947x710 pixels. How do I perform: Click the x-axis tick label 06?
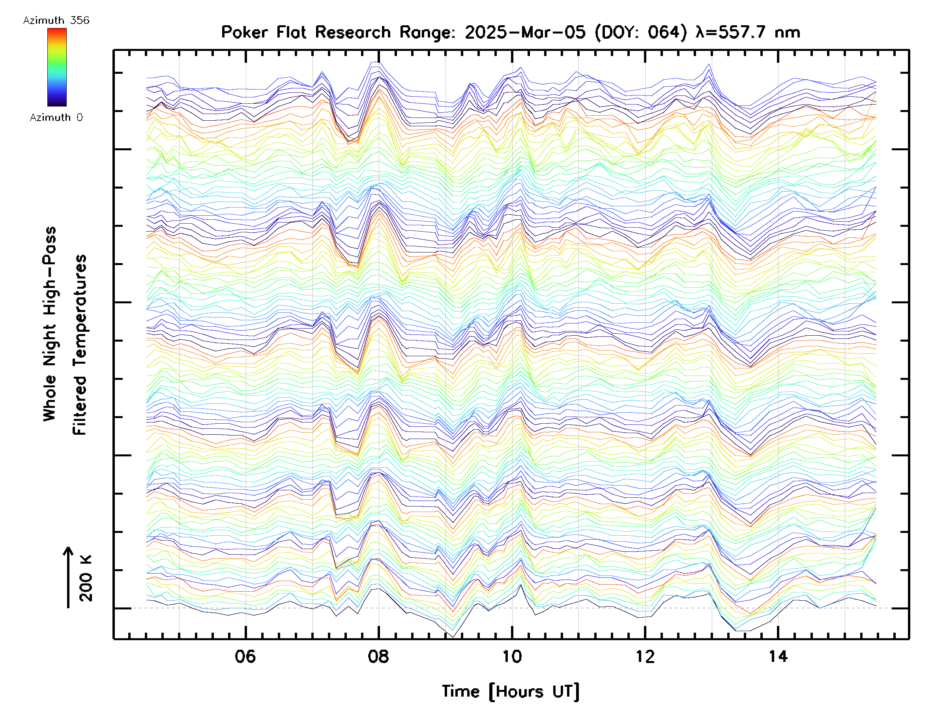245,656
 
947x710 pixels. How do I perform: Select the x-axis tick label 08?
378,656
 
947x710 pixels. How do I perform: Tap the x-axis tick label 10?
512,656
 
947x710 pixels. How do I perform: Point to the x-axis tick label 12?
645,656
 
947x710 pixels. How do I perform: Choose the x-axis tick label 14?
778,656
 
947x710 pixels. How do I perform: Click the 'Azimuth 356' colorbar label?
56,21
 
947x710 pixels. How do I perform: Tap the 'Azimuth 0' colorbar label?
56,117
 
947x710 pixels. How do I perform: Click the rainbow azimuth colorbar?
57,67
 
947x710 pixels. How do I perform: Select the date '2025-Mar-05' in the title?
525,32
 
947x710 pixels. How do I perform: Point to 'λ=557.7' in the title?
730,32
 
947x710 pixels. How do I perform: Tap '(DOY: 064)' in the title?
640,32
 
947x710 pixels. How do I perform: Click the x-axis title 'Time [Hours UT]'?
511,691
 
